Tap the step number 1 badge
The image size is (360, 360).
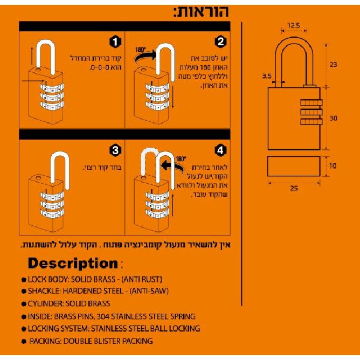114,41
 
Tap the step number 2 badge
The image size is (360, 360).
220,41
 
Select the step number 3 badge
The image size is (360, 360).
114,149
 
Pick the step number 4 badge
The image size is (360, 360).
220,149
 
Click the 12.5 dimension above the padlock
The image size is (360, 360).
294,25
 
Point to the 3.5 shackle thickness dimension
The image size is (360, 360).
266,77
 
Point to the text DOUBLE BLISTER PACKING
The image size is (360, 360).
108,341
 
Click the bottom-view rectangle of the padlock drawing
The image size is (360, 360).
294,167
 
